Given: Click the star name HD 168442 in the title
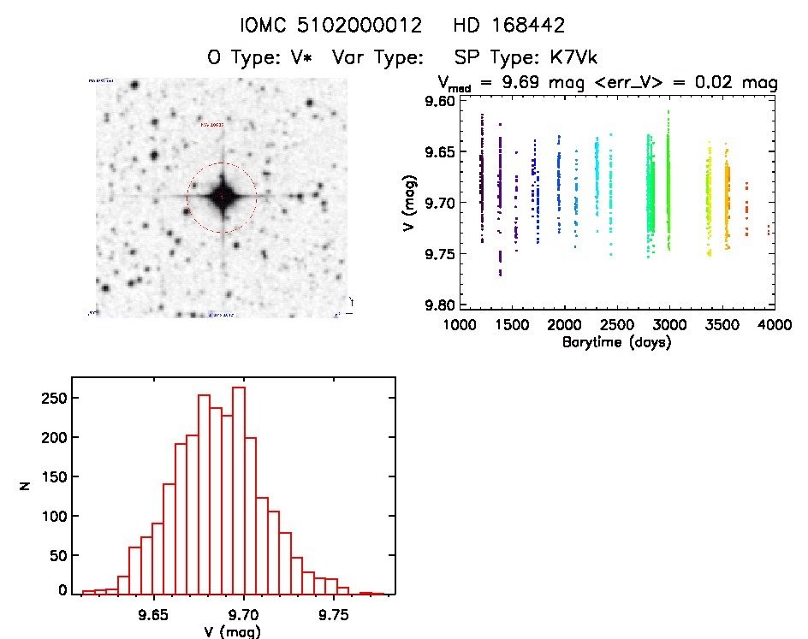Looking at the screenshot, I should click(509, 26).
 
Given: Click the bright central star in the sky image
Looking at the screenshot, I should click(222, 198).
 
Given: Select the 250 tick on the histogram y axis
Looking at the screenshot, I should click(56, 398).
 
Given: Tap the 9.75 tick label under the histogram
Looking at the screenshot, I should click(335, 614).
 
